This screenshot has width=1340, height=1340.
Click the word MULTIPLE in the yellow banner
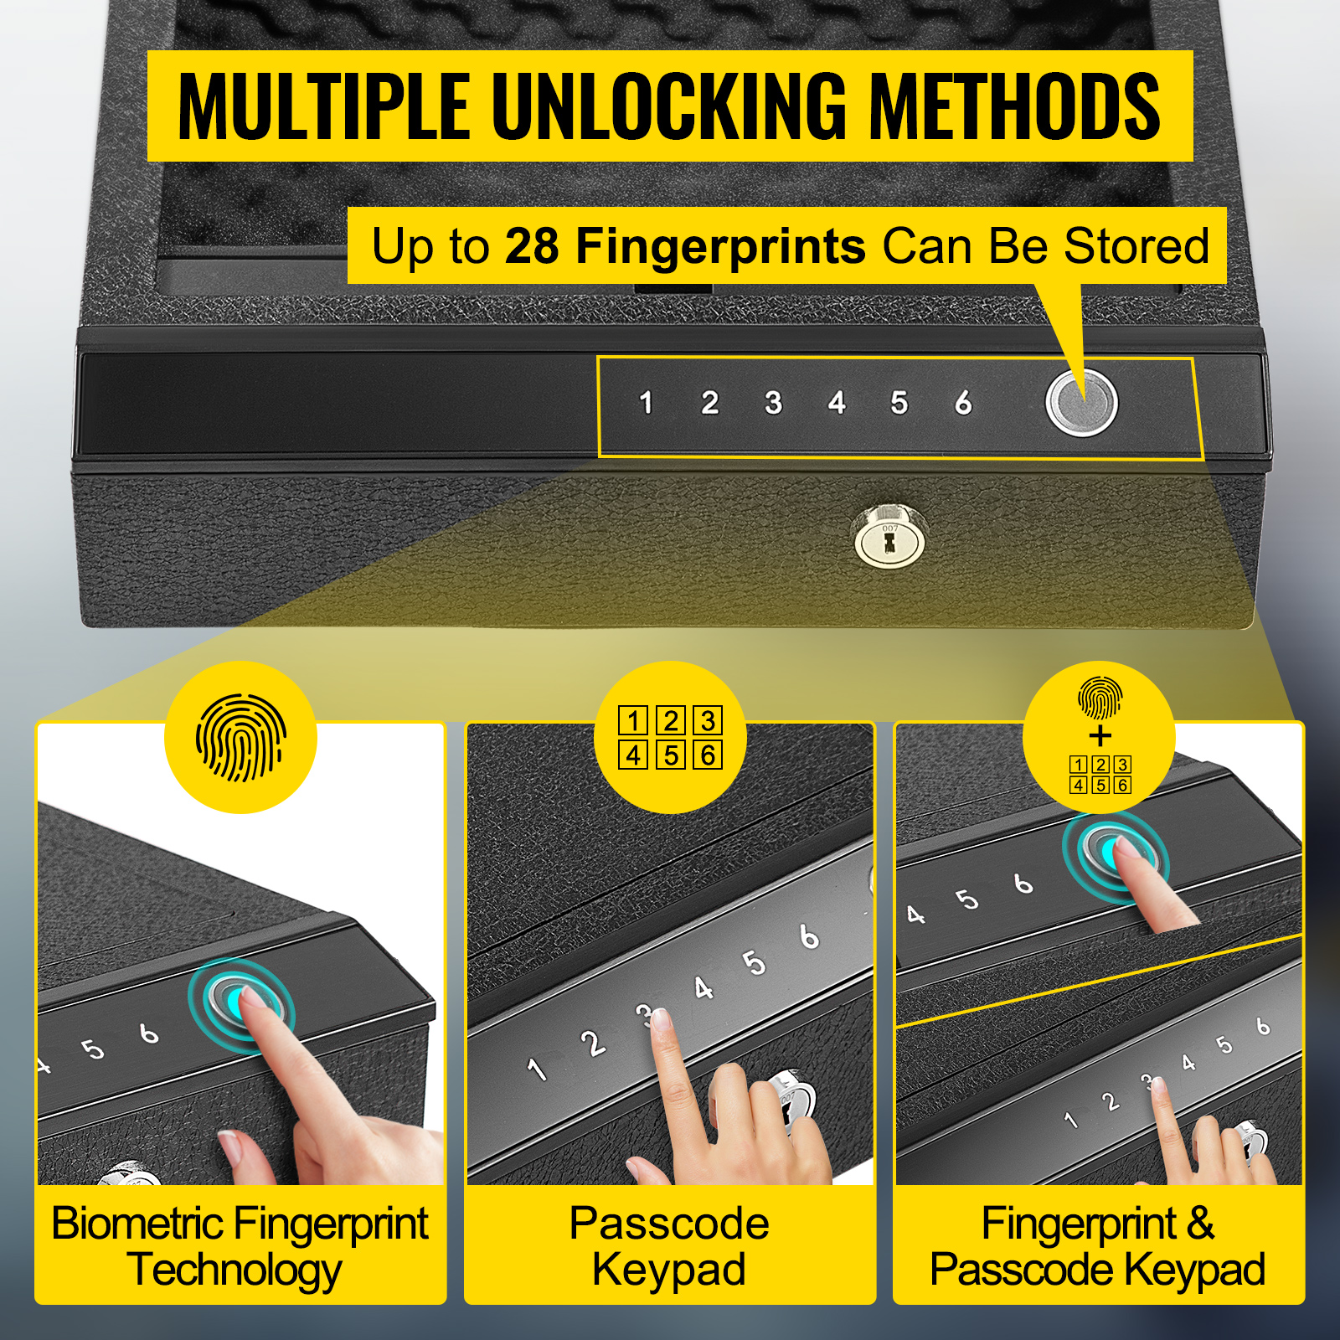coord(324,106)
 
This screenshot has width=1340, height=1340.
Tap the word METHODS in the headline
coord(1014,106)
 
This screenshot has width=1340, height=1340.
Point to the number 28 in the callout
coord(532,246)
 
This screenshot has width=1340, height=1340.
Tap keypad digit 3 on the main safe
coord(773,403)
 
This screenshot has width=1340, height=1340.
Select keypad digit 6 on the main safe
coord(963,403)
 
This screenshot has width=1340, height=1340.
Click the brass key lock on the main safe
coord(889,537)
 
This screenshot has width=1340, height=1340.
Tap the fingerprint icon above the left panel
coord(241,737)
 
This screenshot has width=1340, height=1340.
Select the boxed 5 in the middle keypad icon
coord(671,755)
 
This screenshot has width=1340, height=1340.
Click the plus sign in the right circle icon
coord(1100,736)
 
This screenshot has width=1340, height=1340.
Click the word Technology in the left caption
coord(235,1271)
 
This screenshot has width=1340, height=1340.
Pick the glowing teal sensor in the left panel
coord(240,999)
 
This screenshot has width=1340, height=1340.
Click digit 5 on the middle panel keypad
coord(754,963)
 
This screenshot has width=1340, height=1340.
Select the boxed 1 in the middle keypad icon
coord(633,720)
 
